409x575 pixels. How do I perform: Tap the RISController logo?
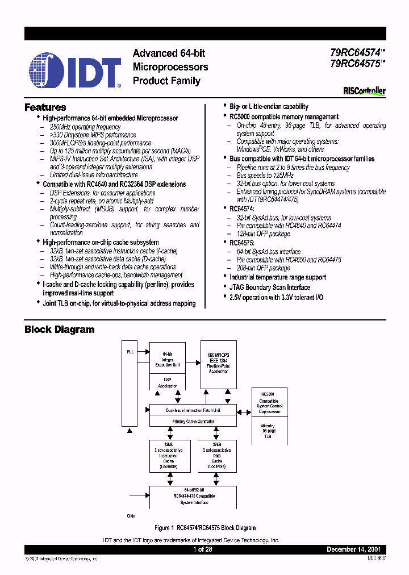(365, 91)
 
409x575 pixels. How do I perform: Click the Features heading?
(45, 107)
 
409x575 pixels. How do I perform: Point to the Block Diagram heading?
(60, 330)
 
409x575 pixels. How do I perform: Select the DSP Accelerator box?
(167, 382)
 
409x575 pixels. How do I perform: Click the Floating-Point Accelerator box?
(218, 364)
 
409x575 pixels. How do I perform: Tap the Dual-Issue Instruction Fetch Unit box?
(193, 410)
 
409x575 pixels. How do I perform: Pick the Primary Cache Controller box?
(193, 421)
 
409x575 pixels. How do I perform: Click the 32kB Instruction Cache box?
(168, 456)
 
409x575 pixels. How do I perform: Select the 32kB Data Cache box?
(216, 456)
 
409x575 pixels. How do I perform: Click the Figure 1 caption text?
(205, 528)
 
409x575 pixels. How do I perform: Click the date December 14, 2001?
(356, 550)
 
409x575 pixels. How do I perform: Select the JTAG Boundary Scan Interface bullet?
(269, 287)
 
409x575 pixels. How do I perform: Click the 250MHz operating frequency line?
(85, 127)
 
